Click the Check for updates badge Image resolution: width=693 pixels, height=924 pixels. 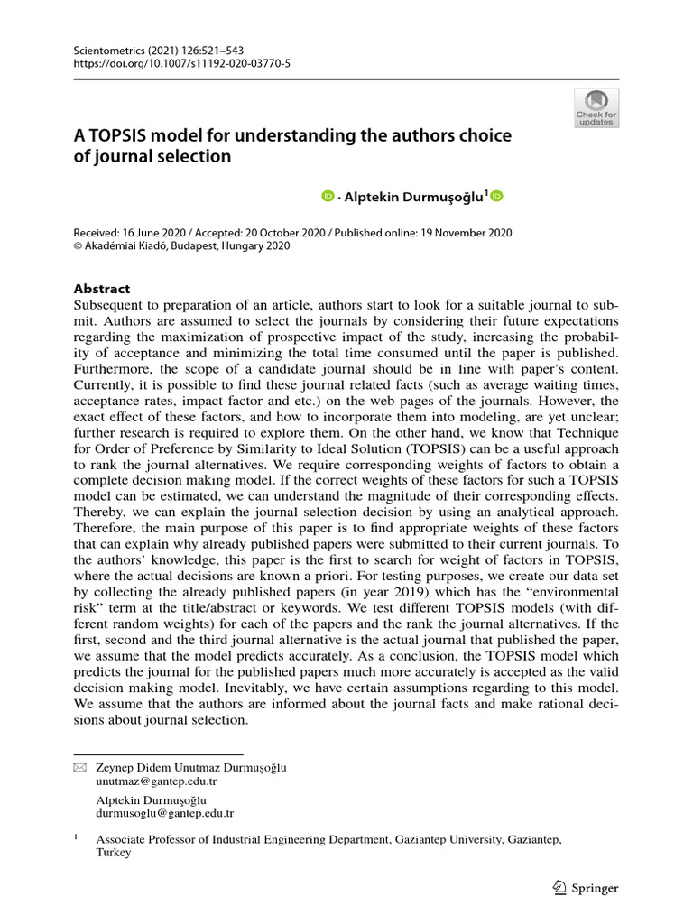click(x=596, y=107)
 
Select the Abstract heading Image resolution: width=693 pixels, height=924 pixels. click(x=101, y=289)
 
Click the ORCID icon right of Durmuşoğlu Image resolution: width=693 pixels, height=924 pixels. click(x=497, y=195)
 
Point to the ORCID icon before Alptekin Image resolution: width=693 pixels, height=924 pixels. click(x=328, y=195)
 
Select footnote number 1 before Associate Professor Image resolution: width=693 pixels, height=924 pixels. click(x=77, y=836)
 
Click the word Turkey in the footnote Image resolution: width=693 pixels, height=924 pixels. click(x=113, y=853)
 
